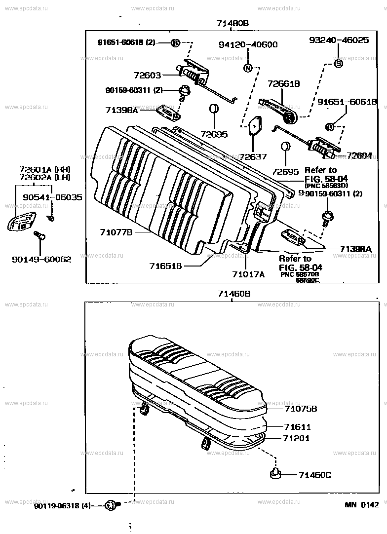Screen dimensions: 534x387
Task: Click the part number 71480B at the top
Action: pyautogui.click(x=232, y=23)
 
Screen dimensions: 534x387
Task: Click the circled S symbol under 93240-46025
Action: pyautogui.click(x=339, y=63)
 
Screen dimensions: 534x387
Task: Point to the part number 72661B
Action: pyautogui.click(x=284, y=84)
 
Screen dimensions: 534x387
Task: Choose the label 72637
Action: pyautogui.click(x=254, y=156)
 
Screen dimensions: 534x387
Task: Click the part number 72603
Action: pyautogui.click(x=147, y=76)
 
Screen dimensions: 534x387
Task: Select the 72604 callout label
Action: pyautogui.click(x=359, y=155)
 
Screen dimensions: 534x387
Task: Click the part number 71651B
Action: pyautogui.click(x=166, y=266)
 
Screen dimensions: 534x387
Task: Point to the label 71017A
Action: pyautogui.click(x=248, y=274)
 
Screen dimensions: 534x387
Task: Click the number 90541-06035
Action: pyautogui.click(x=52, y=197)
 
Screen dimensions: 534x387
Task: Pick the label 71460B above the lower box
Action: pyautogui.click(x=234, y=294)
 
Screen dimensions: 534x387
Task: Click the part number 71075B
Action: pyautogui.click(x=301, y=409)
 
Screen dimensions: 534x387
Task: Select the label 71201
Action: pyautogui.click(x=297, y=438)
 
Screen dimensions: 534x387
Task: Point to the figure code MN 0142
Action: pyautogui.click(x=361, y=504)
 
